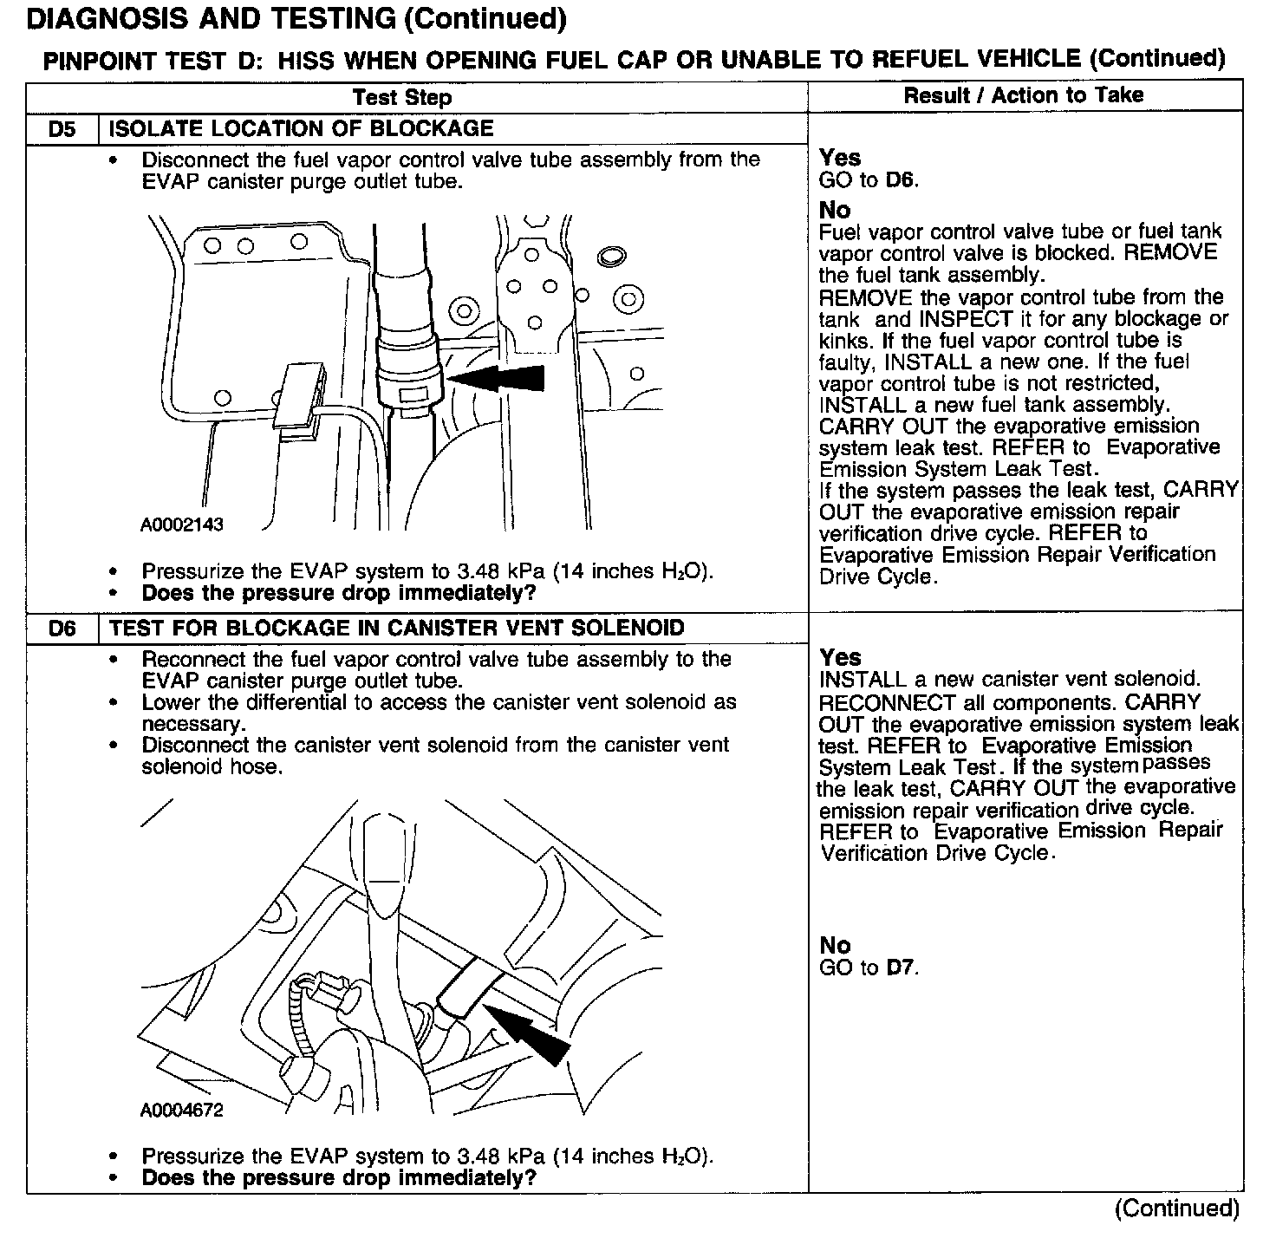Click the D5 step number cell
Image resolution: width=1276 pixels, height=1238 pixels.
(x=62, y=129)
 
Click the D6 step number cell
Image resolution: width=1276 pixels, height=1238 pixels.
(x=62, y=629)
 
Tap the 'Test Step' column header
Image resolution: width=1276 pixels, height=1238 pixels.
(x=402, y=97)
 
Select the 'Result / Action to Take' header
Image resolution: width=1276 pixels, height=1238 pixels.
(x=1024, y=95)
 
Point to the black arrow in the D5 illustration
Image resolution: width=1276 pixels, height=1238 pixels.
(x=498, y=378)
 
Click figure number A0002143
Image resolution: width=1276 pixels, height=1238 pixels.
(x=182, y=525)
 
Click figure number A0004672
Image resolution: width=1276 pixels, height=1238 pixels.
(x=182, y=1110)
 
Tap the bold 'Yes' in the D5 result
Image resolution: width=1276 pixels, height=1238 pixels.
(x=840, y=158)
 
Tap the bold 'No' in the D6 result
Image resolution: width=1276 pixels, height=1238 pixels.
(x=835, y=945)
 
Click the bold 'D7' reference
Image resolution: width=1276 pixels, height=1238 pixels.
(x=901, y=968)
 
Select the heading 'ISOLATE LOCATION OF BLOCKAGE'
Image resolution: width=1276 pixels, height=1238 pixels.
(x=301, y=129)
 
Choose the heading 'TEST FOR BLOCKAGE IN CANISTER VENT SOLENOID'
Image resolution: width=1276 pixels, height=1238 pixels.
(x=397, y=629)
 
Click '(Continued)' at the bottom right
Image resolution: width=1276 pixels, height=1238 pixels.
(x=1177, y=1208)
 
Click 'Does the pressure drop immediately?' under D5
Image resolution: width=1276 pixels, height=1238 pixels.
(x=339, y=594)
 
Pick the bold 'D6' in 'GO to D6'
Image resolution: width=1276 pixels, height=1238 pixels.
(x=901, y=180)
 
